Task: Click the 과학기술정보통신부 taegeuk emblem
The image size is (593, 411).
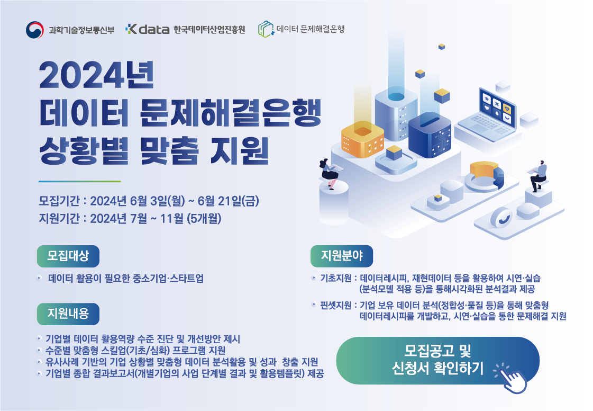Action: (x=35, y=30)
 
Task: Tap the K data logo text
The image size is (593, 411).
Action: (x=148, y=29)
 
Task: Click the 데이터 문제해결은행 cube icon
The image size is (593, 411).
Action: (x=266, y=29)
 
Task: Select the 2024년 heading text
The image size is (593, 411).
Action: (x=97, y=75)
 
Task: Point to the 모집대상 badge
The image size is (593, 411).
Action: (x=68, y=256)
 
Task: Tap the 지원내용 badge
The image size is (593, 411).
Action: (x=68, y=314)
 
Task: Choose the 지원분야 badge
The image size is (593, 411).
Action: (x=342, y=256)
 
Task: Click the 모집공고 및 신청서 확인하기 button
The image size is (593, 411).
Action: (x=437, y=360)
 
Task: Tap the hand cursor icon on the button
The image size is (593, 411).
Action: (x=512, y=378)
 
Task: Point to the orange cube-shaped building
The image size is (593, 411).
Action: (x=362, y=139)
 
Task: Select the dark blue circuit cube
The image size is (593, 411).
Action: (x=430, y=135)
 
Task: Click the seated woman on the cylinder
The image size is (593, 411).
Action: (x=329, y=173)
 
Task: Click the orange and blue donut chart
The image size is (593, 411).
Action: (x=485, y=176)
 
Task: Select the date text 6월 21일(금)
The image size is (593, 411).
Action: (x=229, y=201)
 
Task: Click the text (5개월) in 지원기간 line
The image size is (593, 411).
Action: (x=204, y=219)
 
